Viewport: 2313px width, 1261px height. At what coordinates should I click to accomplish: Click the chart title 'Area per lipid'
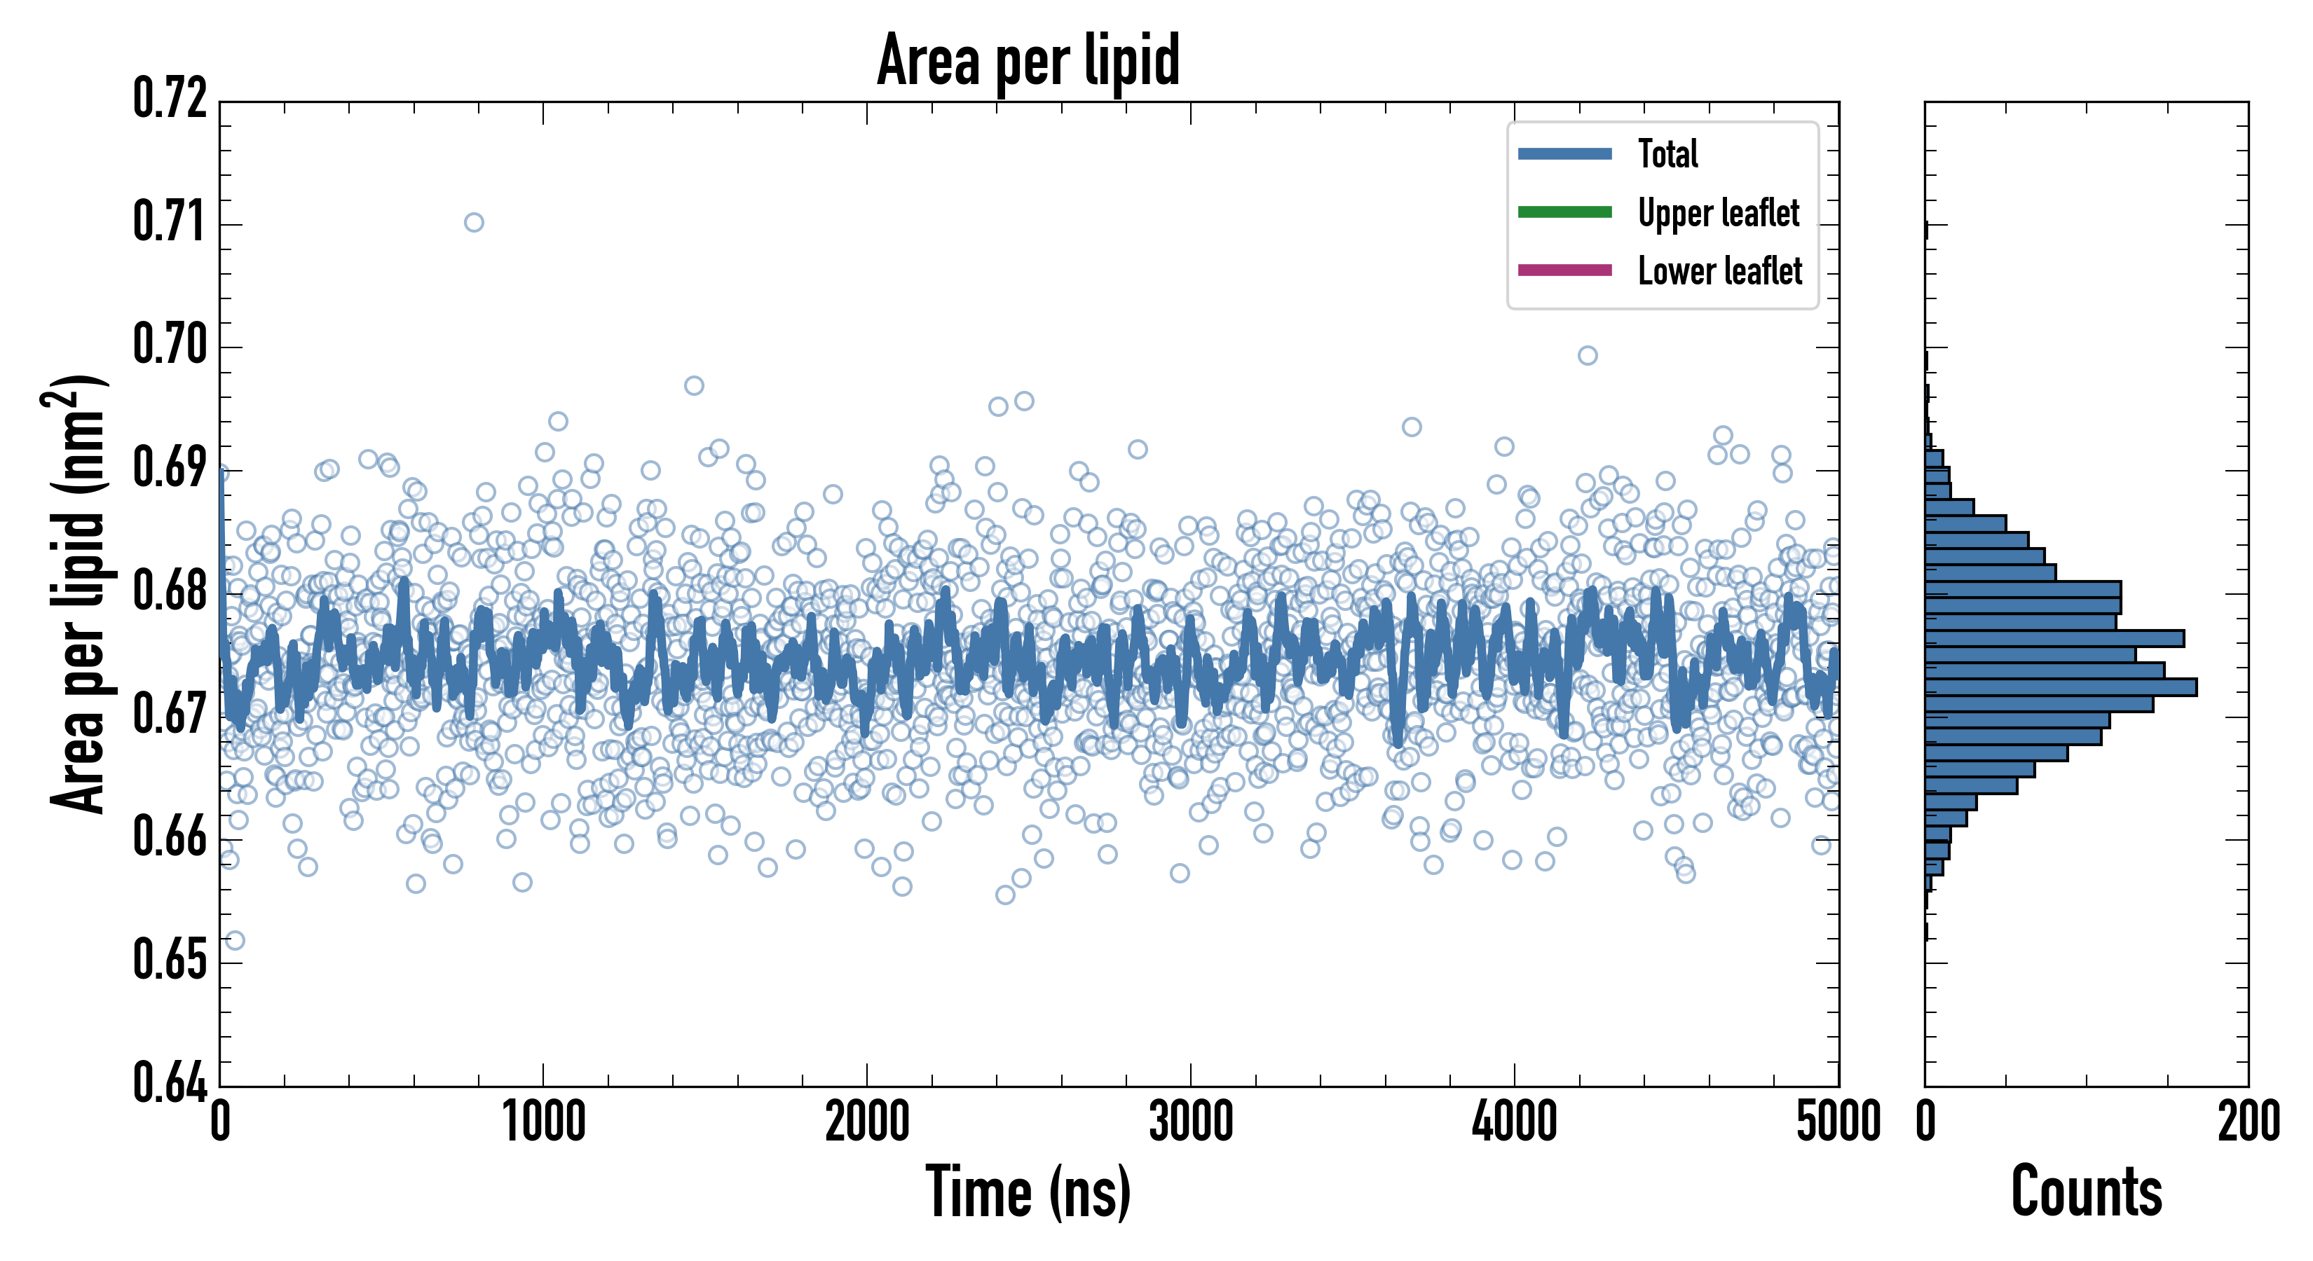1028,60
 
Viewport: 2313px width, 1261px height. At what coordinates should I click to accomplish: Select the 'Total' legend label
1667,153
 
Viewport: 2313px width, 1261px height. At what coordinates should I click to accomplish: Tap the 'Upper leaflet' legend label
1719,213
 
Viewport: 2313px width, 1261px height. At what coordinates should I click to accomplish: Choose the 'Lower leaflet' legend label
1719,270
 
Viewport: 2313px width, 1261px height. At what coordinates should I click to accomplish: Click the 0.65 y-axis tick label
170,960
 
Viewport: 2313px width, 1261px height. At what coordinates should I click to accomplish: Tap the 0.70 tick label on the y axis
170,345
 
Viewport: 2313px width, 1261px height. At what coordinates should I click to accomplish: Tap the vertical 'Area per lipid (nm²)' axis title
76,594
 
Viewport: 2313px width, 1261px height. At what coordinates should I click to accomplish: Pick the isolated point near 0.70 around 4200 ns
1588,355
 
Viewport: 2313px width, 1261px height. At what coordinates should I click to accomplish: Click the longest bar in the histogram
2061,687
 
